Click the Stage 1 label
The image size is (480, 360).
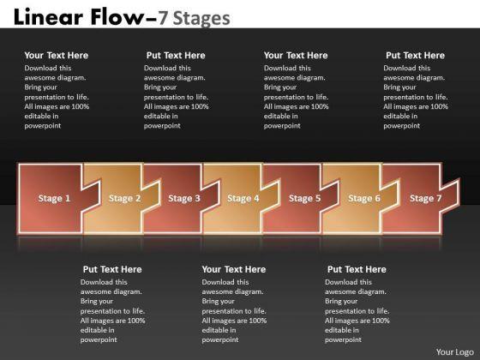point(54,198)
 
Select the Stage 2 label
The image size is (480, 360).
point(125,198)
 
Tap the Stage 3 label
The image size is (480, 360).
point(184,198)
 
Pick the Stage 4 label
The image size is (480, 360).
point(243,198)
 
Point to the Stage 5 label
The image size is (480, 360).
point(305,198)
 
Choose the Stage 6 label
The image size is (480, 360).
point(364,198)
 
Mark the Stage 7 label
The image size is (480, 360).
point(426,198)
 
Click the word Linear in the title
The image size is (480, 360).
point(48,17)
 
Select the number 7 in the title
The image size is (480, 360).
point(163,18)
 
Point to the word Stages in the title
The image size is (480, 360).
point(201,19)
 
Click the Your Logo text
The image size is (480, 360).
point(455,352)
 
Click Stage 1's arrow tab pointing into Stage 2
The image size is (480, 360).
point(91,195)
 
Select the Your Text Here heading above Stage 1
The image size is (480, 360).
point(57,56)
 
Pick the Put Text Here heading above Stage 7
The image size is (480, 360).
point(415,56)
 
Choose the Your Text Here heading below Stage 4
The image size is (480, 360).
point(234,269)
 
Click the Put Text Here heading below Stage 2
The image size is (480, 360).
point(112,269)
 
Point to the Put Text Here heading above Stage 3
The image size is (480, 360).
point(176,56)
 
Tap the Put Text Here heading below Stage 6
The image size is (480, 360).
point(357,269)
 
